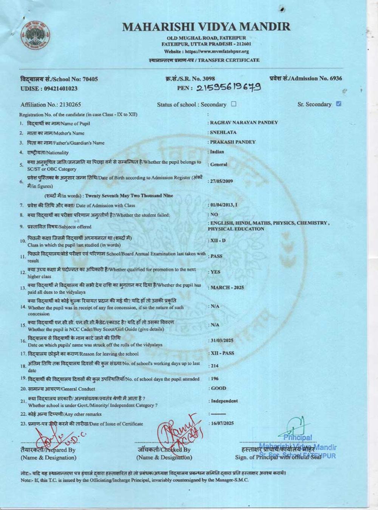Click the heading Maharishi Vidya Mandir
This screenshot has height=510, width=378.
click(x=206, y=26)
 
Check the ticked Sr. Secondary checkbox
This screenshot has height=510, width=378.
click(x=339, y=104)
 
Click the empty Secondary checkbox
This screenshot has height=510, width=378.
click(x=234, y=104)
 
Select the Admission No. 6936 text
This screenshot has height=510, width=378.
click(x=306, y=79)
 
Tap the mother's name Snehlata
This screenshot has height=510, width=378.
click(x=223, y=133)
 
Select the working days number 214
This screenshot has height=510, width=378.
click(x=214, y=366)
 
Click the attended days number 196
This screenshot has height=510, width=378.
click(x=214, y=379)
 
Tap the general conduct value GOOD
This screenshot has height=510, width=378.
click(x=218, y=388)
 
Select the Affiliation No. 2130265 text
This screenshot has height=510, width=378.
click(x=51, y=105)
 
